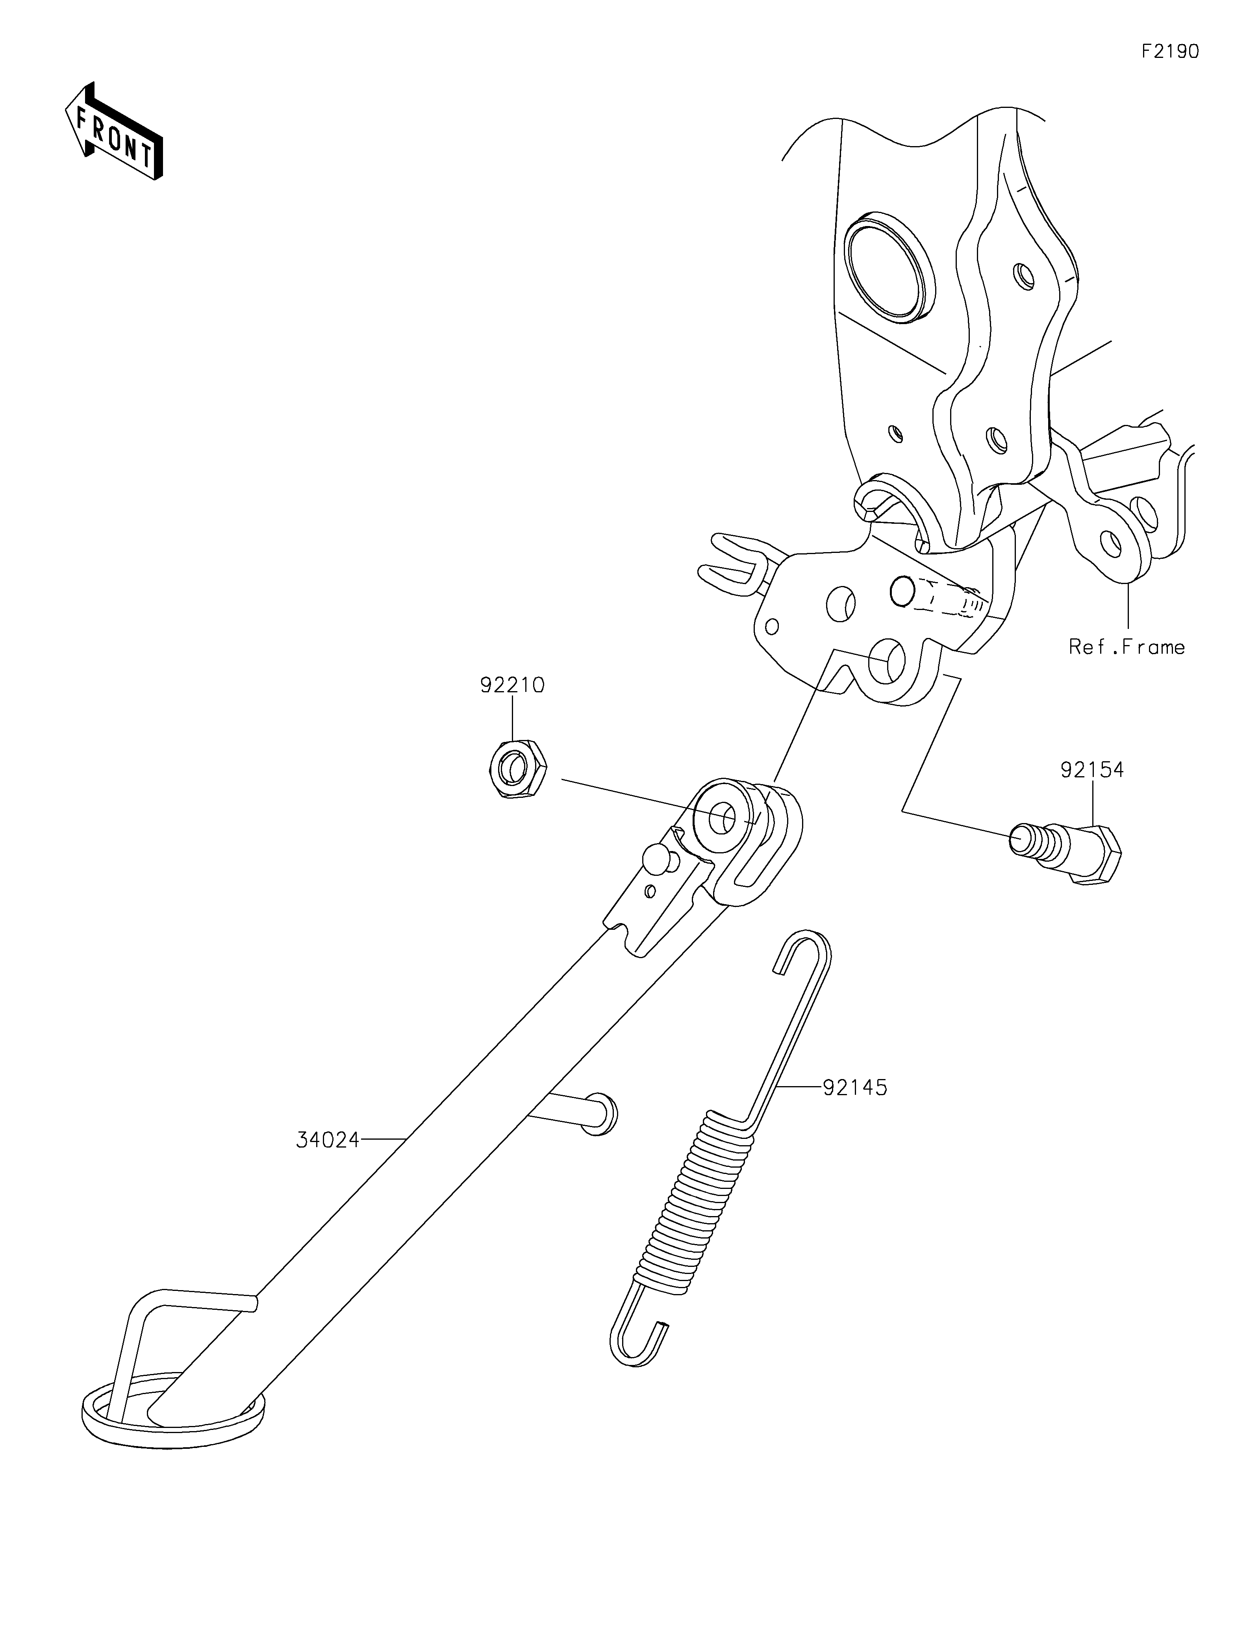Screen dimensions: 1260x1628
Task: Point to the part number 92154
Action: (x=1092, y=769)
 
